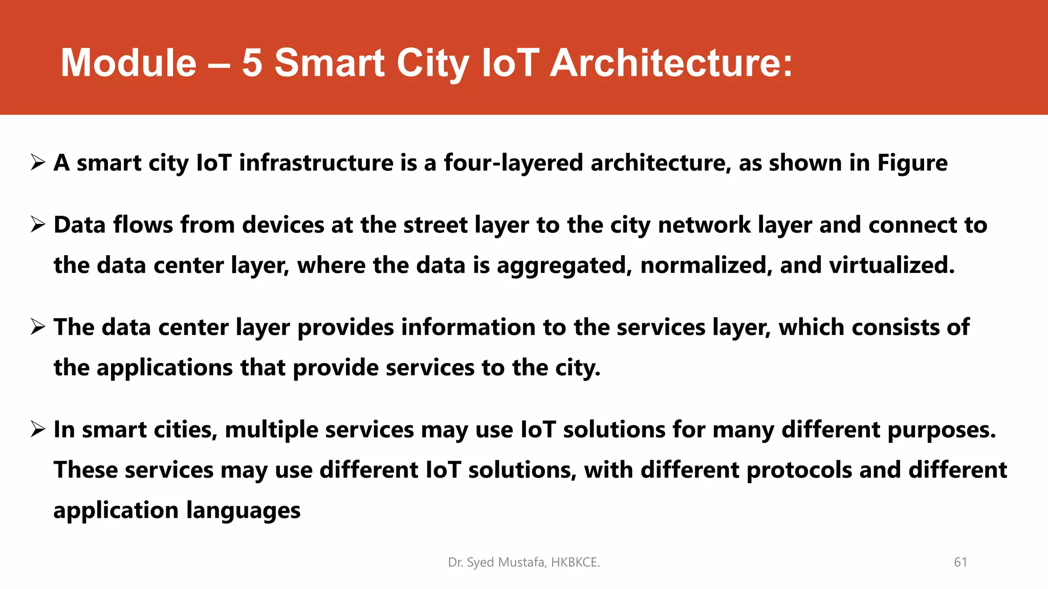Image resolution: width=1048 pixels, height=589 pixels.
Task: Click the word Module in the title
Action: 128,63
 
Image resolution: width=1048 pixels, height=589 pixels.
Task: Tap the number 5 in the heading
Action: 252,63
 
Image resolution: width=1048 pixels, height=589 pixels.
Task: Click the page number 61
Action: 960,562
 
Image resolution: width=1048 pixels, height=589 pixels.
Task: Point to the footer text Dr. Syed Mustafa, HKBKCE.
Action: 523,562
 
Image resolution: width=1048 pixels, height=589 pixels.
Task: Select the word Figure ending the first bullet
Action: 912,163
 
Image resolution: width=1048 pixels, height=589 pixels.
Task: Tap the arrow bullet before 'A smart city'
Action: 38,163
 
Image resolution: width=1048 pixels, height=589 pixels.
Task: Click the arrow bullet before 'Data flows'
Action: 38,224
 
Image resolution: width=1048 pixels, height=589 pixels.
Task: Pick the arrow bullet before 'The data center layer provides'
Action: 38,327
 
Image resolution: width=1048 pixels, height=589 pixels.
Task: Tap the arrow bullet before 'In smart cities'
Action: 38,429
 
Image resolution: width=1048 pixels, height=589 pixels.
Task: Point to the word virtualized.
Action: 892,265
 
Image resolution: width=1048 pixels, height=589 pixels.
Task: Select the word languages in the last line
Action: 243,511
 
